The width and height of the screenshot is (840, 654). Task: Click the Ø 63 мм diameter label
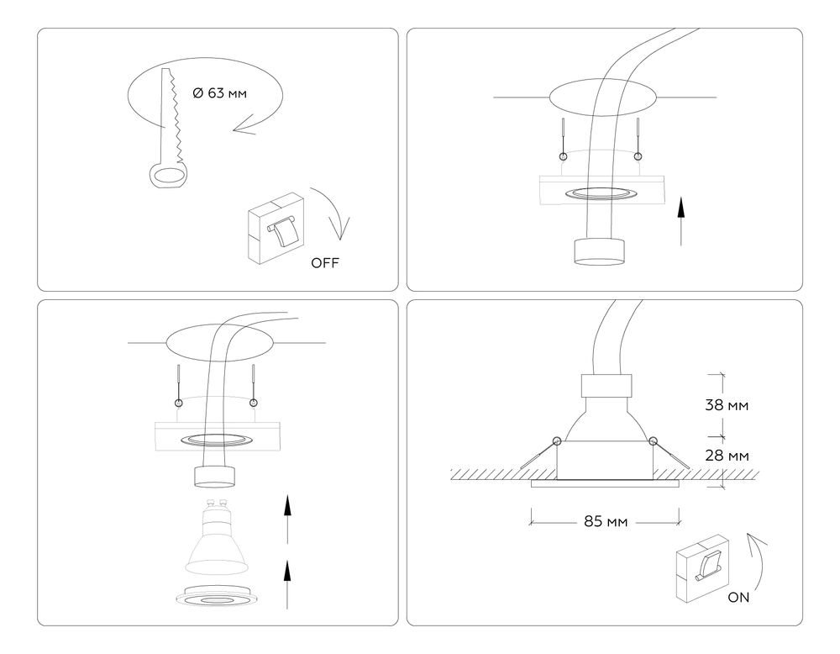pos(220,93)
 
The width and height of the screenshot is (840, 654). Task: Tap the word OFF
pos(325,263)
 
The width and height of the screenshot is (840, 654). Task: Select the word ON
pos(739,598)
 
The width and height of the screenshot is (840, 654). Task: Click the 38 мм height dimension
pos(725,404)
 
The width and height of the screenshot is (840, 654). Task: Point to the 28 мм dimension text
pos(725,456)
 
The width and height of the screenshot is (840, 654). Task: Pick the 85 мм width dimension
pos(606,521)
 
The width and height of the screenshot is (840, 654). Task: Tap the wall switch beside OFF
pos(275,224)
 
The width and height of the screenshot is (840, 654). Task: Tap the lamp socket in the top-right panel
pos(599,251)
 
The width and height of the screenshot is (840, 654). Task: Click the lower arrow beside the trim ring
pos(287,583)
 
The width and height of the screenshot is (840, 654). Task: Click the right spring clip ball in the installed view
pos(652,441)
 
